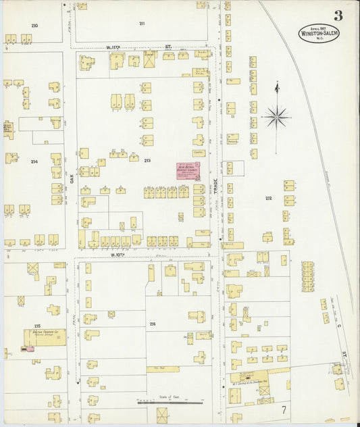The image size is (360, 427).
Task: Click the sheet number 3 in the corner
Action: (337, 16)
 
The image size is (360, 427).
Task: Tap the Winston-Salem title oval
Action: (319, 34)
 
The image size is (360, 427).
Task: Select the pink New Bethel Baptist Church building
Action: (188, 171)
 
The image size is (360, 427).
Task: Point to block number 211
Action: (142, 24)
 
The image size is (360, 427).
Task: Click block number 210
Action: (34, 25)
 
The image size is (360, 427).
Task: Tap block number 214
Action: (34, 162)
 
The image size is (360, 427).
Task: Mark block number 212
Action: (268, 198)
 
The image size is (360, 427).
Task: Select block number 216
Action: (153, 324)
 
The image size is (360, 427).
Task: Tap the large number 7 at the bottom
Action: (284, 409)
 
